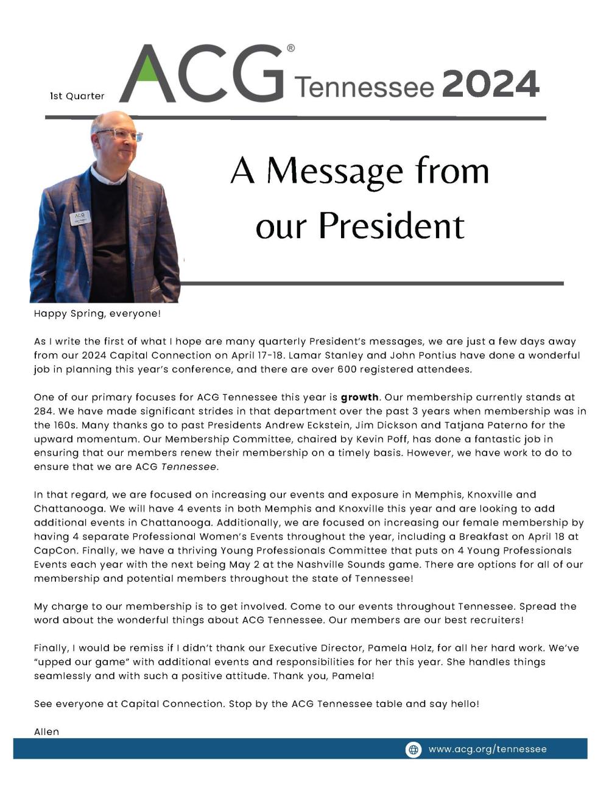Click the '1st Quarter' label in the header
77,96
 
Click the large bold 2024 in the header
490,84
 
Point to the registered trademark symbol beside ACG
290,48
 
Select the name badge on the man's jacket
80,218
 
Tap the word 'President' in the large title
392,226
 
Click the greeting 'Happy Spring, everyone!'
97,314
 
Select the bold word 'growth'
359,397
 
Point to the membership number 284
43,411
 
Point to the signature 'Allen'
47,731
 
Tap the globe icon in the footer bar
414,750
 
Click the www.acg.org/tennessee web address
487,750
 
